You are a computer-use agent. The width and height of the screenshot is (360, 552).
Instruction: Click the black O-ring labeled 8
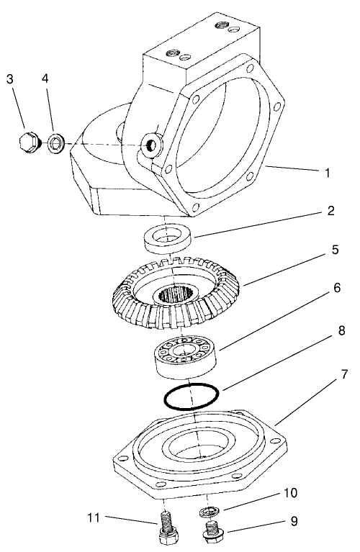(189, 396)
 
